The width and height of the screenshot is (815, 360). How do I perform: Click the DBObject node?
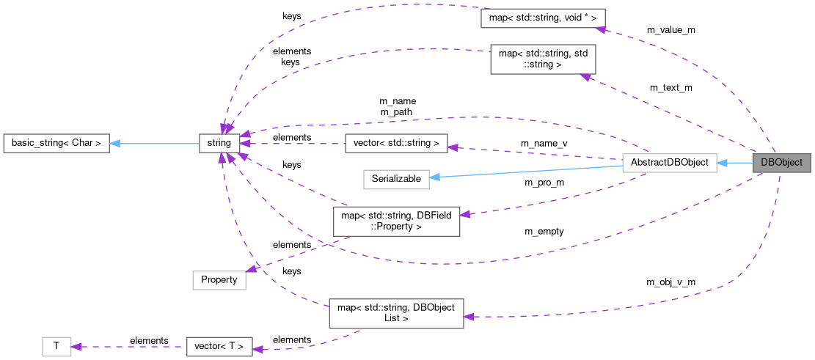click(x=781, y=163)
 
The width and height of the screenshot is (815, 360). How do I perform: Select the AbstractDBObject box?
click(x=668, y=163)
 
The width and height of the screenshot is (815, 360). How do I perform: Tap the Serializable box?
click(x=396, y=178)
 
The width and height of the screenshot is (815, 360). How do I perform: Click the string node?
click(x=219, y=143)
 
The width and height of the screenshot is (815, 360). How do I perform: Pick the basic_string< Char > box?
click(x=56, y=143)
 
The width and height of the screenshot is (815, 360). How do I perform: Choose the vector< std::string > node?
click(x=395, y=143)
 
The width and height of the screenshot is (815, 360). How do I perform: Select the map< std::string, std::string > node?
click(x=542, y=59)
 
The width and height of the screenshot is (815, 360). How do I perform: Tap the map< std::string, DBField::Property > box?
click(x=396, y=221)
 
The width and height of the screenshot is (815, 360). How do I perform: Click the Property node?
click(x=219, y=279)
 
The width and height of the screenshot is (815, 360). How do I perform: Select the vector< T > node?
click(x=219, y=345)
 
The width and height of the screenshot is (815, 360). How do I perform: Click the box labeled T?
click(x=56, y=345)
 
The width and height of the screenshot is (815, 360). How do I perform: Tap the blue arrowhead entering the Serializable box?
click(x=435, y=177)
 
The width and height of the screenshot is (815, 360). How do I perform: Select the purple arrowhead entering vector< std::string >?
click(x=453, y=147)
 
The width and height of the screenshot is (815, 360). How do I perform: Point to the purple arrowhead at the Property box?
click(x=252, y=269)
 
